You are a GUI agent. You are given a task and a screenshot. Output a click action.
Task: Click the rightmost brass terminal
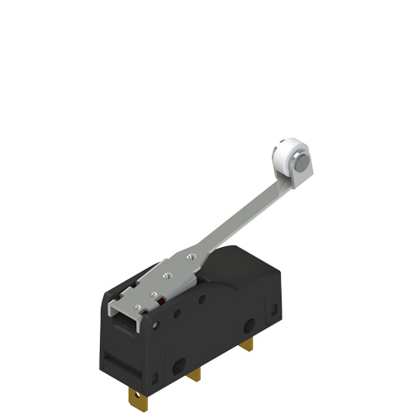[x=250, y=343]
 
